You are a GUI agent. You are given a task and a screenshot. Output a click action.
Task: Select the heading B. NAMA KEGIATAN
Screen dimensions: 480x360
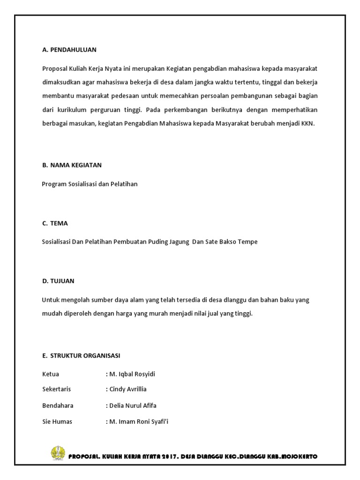(x=72, y=165)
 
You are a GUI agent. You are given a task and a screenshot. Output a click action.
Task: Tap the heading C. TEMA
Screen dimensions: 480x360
(x=55, y=223)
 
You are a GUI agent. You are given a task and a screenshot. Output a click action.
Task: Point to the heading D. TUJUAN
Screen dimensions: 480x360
(x=58, y=281)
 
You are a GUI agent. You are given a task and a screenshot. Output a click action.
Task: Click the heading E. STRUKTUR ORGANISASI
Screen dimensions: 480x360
(x=81, y=355)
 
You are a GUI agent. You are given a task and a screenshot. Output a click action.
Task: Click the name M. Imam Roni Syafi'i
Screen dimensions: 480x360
(x=137, y=421)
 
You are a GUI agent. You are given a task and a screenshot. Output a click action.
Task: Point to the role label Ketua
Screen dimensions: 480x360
(x=51, y=374)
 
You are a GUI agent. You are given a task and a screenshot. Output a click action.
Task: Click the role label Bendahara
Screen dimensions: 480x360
(x=58, y=405)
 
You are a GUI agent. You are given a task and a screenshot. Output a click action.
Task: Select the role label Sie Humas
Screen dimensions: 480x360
(x=57, y=421)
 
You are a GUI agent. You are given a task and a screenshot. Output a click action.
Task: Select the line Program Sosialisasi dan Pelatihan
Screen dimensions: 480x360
(x=90, y=184)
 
